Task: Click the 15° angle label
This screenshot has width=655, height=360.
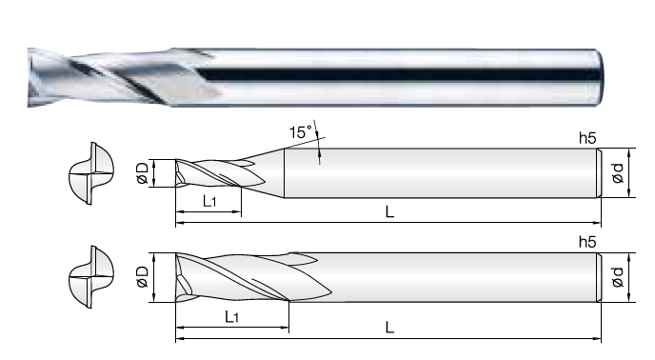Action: coord(301,131)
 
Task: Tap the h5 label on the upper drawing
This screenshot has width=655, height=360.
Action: coord(587,138)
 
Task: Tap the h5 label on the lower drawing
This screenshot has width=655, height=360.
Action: coord(587,242)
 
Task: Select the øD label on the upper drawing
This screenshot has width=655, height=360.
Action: coord(143,173)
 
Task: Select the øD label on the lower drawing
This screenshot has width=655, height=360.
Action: coord(143,277)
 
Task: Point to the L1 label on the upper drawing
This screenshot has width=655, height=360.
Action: coord(209,202)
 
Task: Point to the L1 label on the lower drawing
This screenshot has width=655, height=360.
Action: coord(231,317)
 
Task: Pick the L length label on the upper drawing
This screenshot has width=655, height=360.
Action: coord(389,212)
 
